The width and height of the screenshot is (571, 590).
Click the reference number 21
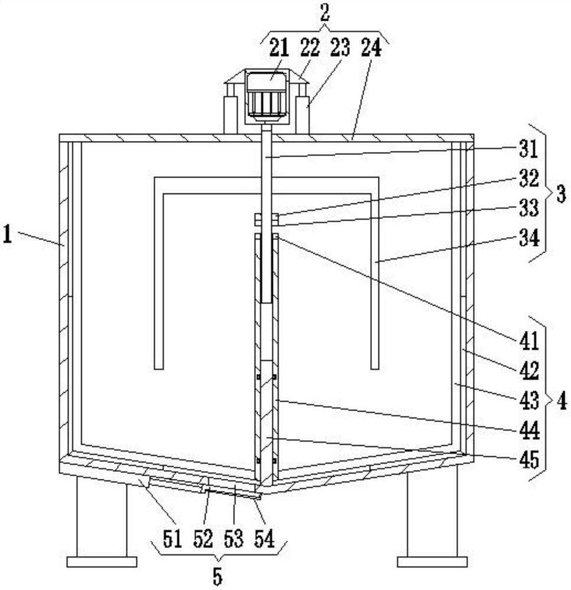tap(279, 48)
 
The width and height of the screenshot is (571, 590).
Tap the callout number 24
tap(371, 48)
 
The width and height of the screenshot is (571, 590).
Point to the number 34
tap(529, 238)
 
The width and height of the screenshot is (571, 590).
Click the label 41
tap(529, 341)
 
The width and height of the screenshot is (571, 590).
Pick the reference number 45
tap(529, 460)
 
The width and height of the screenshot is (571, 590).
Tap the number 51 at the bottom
tap(172, 539)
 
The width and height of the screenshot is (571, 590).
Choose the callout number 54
tap(265, 539)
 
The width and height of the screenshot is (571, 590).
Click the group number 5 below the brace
tap(217, 576)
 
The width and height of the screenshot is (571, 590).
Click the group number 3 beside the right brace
tap(561, 194)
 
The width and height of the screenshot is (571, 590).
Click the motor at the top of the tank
tap(266, 96)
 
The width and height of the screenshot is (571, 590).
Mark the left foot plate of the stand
tap(102, 562)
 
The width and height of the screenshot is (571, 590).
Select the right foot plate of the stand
tap(432, 562)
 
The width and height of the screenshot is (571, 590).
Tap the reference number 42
tap(529, 371)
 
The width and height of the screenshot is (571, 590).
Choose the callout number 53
tap(233, 539)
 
